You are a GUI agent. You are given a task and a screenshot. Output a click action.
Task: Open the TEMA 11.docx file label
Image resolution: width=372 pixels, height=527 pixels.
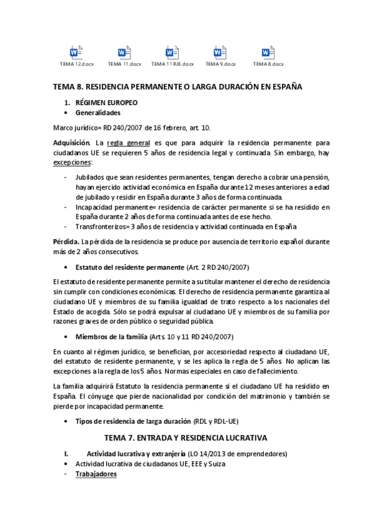pos(124,64)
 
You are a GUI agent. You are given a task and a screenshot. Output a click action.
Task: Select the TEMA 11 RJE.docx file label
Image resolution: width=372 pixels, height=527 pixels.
pos(173,64)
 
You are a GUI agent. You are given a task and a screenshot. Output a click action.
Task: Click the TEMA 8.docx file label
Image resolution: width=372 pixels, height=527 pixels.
pos(268,64)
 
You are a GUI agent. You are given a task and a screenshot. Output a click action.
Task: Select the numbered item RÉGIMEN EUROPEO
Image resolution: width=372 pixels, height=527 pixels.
pos(106,101)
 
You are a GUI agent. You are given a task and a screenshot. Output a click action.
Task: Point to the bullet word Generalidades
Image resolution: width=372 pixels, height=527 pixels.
pos(98,113)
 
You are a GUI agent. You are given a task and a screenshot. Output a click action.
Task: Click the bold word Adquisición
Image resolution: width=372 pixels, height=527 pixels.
pos(72,142)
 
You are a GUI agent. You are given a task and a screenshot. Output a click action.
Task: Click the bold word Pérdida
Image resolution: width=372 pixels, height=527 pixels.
pos(67,241)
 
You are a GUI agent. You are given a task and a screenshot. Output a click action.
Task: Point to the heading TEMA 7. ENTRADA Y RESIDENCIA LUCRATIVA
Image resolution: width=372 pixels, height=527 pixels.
pos(185,438)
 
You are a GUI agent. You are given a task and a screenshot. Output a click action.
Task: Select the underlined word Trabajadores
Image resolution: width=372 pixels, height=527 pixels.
pos(96,474)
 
